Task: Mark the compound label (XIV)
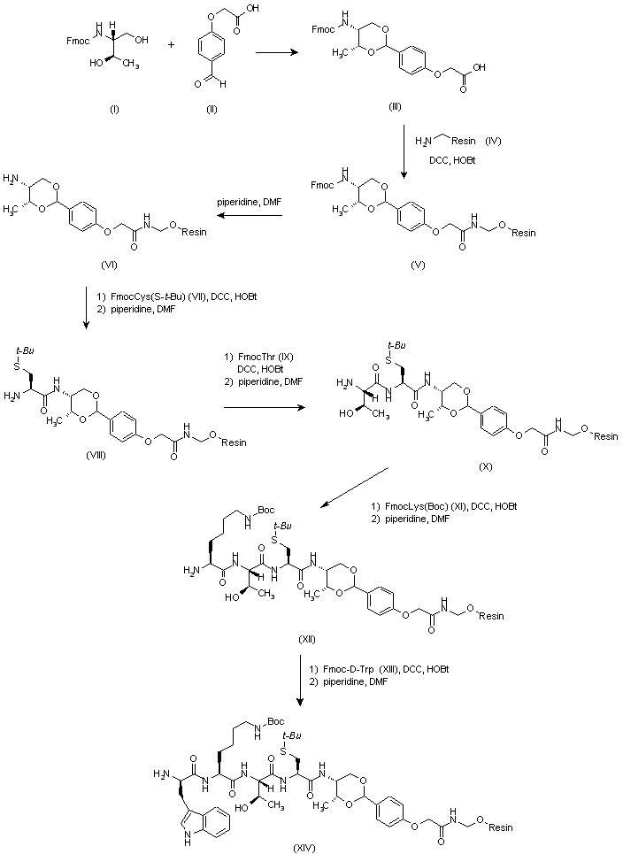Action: coord(304,847)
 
